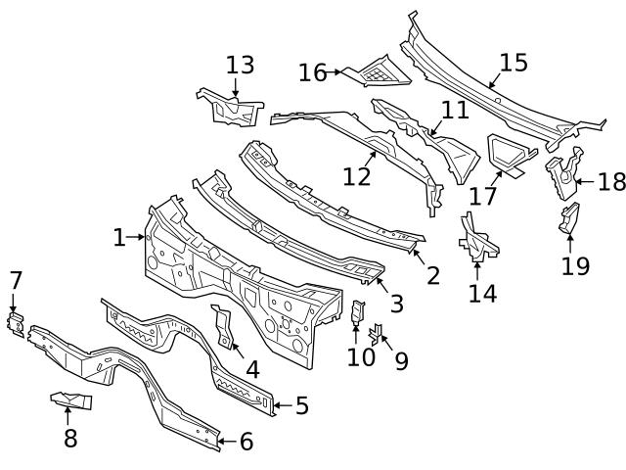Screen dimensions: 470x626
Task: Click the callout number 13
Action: pos(240,66)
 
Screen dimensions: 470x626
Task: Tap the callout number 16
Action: pos(313,72)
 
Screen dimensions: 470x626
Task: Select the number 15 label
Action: pos(513,63)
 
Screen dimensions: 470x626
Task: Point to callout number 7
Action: pos(15,281)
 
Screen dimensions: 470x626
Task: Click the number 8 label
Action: pos(69,438)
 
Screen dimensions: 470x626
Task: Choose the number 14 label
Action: pos(482,292)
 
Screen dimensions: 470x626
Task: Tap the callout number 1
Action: pos(119,237)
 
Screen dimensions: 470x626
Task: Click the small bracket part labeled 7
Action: pos(16,323)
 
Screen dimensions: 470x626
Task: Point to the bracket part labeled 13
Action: pos(230,106)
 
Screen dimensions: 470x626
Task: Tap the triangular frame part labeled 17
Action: pos(509,152)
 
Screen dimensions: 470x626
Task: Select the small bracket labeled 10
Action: pos(357,312)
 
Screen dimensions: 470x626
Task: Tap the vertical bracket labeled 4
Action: pos(224,326)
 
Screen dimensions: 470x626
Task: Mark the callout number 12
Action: pos(357,176)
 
